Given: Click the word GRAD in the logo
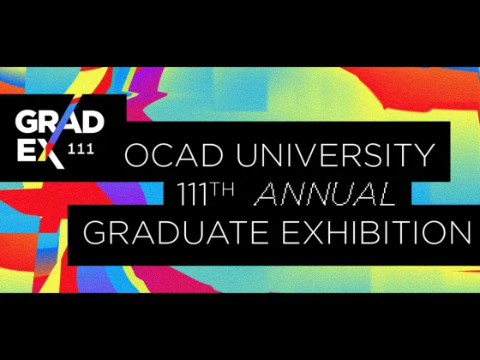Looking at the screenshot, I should pos(60,123).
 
